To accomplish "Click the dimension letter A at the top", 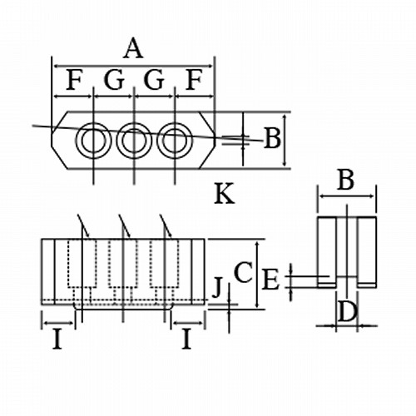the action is (133, 48).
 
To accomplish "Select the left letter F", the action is (74, 80).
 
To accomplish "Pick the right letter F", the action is (194, 80).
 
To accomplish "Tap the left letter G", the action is (114, 80).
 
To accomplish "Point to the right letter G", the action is (154, 80).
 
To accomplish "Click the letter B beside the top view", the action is (272, 138).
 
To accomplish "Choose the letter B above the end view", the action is (345, 180).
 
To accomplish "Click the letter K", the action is (225, 194).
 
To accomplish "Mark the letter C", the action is (243, 272).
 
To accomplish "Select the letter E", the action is (270, 280).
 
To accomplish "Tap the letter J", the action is (217, 288).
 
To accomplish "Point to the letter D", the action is (347, 311).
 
